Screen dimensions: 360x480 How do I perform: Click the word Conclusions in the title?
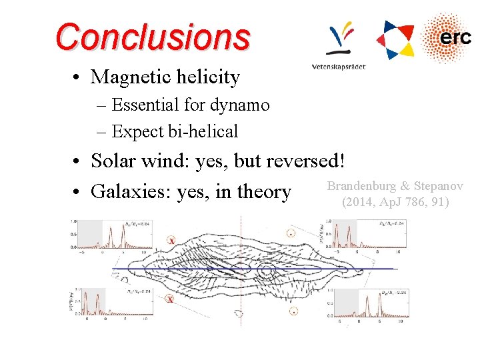tap(153, 37)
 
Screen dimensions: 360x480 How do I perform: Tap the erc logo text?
tap(455, 38)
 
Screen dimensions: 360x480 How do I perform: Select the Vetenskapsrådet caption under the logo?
tap(339, 67)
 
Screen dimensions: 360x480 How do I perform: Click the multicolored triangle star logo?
tap(395, 38)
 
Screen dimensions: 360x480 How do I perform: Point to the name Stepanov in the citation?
tap(438, 186)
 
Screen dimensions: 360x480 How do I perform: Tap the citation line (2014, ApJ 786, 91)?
tap(395, 202)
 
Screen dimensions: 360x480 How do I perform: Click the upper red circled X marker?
tap(171, 240)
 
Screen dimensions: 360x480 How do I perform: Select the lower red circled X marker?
tap(171, 299)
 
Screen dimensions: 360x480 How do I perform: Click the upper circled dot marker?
tap(291, 233)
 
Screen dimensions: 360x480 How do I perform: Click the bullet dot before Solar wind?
tap(79, 162)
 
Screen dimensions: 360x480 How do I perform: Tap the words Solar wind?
tap(140, 161)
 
